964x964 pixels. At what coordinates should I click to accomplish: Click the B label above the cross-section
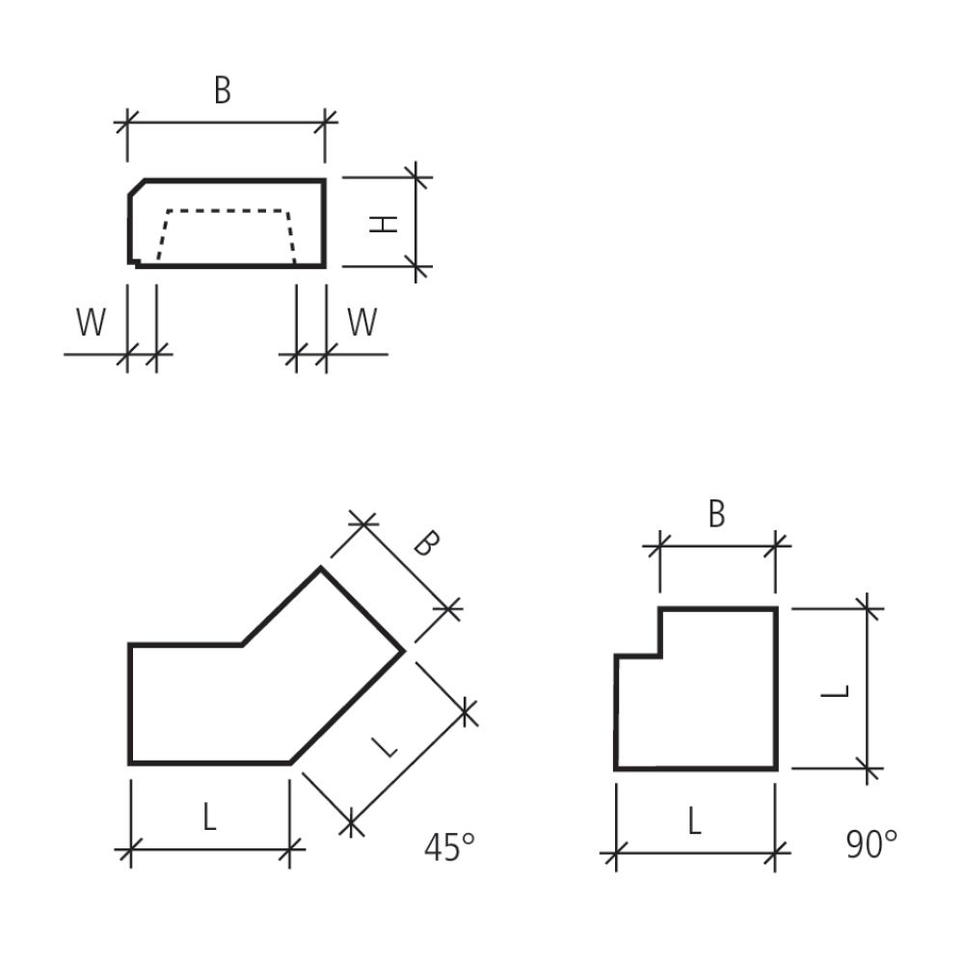[x=223, y=92]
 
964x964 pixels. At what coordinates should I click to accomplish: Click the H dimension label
[x=385, y=224]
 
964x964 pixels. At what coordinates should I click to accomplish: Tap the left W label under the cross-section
[x=91, y=324]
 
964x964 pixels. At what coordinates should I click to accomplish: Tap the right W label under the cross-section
[x=361, y=324]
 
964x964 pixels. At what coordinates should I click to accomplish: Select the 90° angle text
[x=871, y=844]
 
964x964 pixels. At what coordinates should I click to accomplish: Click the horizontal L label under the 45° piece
[x=209, y=818]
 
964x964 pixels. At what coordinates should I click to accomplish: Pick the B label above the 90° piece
[x=716, y=515]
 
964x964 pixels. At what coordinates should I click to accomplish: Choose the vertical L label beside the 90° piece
[x=840, y=690]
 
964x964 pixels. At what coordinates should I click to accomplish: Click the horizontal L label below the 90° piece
[x=694, y=821]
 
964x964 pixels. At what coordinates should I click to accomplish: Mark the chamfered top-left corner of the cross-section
[x=137, y=187]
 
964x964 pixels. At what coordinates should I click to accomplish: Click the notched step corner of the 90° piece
[x=660, y=656]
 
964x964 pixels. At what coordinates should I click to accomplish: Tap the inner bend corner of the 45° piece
[x=242, y=644]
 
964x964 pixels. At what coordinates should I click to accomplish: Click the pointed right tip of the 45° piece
[x=403, y=651]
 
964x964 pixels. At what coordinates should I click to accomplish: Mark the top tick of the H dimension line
[x=416, y=177]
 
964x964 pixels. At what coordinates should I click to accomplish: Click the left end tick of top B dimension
[x=127, y=122]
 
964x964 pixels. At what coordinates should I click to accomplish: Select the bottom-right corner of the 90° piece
[x=775, y=768]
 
